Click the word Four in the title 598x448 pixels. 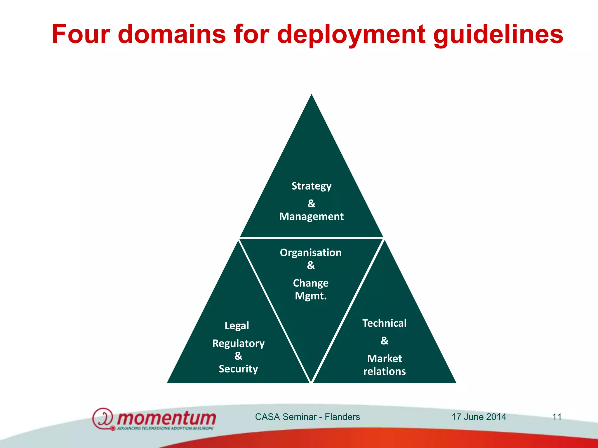81,34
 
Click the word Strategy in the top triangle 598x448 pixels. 311,186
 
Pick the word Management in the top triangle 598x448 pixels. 311,216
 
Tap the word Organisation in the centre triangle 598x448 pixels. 311,253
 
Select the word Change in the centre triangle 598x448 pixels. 311,283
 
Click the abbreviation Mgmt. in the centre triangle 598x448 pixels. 311,296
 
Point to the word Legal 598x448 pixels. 237,325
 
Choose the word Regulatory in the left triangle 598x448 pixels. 238,344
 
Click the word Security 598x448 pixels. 238,369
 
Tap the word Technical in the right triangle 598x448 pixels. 384,323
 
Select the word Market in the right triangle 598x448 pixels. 384,358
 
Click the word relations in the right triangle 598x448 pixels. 384,371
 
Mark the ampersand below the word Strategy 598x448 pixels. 311,203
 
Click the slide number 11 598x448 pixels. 557,417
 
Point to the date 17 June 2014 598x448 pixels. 479,417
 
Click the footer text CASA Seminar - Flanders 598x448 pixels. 307,417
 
